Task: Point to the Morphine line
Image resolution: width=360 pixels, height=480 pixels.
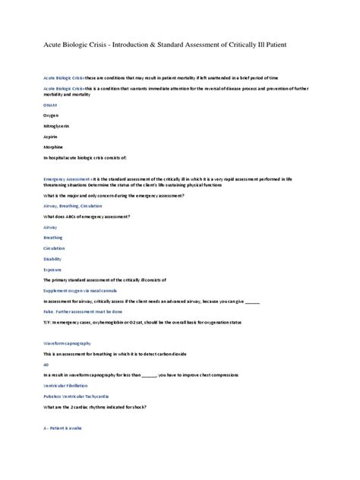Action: coord(54,147)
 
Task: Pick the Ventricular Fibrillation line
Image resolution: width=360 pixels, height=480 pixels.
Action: coord(68,386)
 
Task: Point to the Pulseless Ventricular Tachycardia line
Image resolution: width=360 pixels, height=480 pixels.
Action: coord(82,396)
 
